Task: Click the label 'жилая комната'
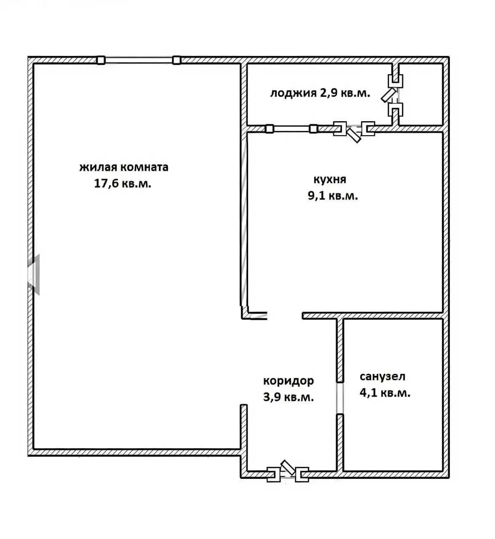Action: [x=124, y=168]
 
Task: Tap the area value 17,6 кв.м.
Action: [x=123, y=184]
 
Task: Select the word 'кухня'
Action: [x=329, y=179]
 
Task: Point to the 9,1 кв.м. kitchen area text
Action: [x=333, y=196]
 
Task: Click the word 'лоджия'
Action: [x=293, y=93]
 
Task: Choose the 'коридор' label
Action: [x=289, y=381]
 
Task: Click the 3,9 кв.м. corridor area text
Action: [x=289, y=397]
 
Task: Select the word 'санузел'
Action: [x=383, y=377]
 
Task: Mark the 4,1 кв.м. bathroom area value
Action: [x=385, y=393]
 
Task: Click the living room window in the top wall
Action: [x=139, y=60]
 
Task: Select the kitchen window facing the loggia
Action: [x=292, y=129]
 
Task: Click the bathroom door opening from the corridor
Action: [x=340, y=398]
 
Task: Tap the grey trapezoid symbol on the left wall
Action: [x=34, y=275]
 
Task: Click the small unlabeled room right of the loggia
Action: [x=420, y=94]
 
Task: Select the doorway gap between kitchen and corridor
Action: [x=285, y=316]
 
